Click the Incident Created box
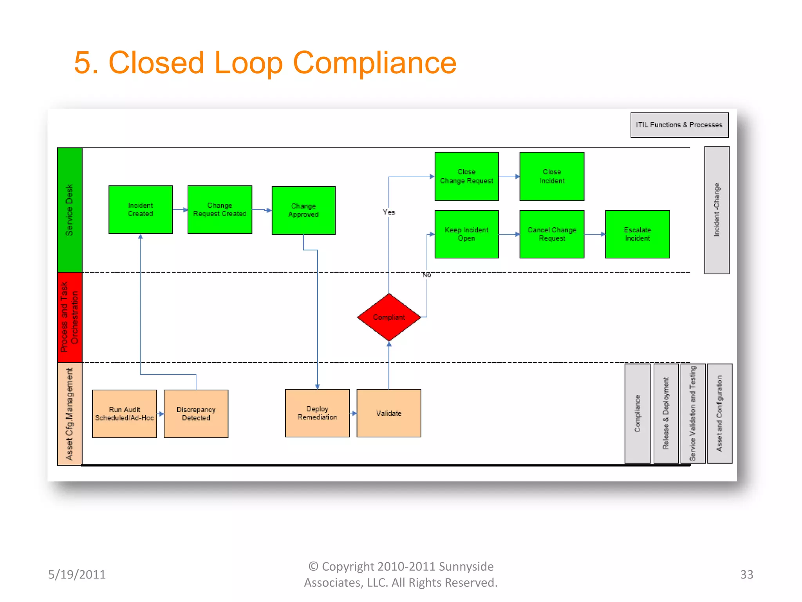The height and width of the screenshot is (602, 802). (140, 210)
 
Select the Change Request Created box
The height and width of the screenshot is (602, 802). (220, 210)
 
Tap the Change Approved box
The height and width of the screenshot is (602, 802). (303, 210)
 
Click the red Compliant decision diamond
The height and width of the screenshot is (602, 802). (389, 317)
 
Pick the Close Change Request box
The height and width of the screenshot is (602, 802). (466, 176)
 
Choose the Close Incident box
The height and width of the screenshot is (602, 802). (552, 176)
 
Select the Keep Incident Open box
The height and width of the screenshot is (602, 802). (466, 234)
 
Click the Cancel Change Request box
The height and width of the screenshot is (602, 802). (552, 234)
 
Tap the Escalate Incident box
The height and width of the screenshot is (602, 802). (637, 234)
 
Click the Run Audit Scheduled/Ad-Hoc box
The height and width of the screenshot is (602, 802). (125, 413)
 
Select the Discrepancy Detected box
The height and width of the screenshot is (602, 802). (196, 413)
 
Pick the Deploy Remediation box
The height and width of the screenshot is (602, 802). (317, 413)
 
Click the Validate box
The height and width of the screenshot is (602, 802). (389, 413)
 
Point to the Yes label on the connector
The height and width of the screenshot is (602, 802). (389, 212)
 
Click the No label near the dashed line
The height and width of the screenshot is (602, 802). (426, 275)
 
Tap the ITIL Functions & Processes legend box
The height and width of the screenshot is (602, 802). (679, 125)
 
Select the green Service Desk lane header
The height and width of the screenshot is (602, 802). (70, 210)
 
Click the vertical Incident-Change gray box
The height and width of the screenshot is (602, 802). (717, 210)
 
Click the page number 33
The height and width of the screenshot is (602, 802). (746, 575)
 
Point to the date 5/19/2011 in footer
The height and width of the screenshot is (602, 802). (77, 575)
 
